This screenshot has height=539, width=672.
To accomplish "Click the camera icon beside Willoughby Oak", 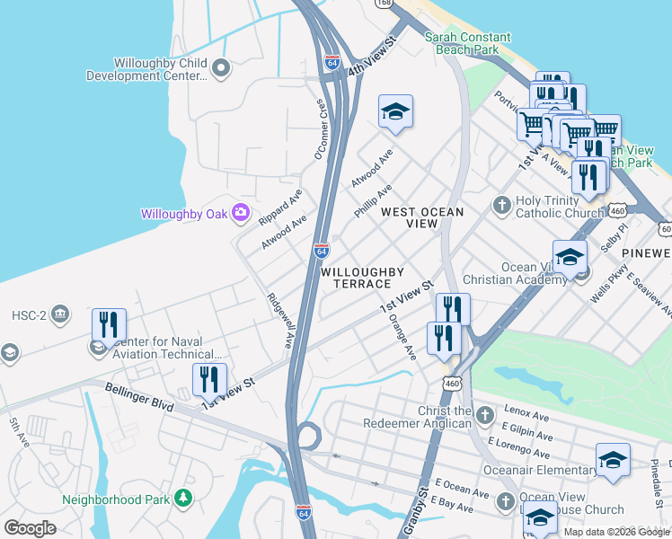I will (x=240, y=213).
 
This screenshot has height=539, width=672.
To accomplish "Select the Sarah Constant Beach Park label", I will (x=467, y=44).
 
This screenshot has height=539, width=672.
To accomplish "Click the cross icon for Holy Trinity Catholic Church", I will (x=502, y=206).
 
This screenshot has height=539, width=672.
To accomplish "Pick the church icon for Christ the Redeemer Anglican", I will (x=485, y=415).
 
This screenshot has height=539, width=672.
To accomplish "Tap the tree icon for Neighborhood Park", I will (x=183, y=497).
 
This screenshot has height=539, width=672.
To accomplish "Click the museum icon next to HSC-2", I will (x=59, y=314).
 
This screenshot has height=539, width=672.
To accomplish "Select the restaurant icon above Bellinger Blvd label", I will (x=209, y=380).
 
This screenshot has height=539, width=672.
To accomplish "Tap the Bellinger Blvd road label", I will (x=138, y=398).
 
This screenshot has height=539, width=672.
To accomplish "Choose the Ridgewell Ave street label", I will (x=279, y=320).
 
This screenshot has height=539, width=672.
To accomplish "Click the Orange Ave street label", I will (x=401, y=338).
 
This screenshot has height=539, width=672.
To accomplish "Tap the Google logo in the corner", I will (x=30, y=528).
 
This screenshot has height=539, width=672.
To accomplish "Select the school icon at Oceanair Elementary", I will (x=614, y=458).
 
